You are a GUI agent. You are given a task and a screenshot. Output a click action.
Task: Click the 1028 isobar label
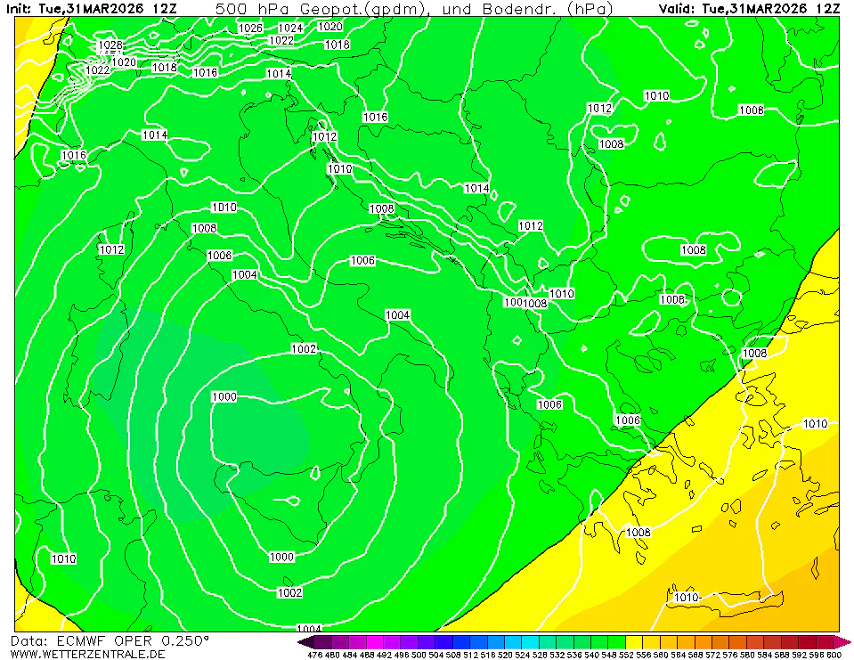click(x=110, y=45)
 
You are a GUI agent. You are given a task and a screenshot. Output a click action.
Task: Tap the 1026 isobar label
click(x=251, y=28)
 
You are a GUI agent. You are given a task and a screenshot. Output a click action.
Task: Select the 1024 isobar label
click(x=290, y=28)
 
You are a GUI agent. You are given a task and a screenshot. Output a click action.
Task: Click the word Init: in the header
click(x=18, y=8)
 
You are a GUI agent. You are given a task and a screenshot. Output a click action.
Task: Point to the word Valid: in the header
click(x=678, y=8)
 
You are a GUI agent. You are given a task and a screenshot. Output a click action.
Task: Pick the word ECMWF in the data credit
click(x=79, y=640)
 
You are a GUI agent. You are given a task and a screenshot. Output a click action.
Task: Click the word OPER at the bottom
click(x=132, y=640)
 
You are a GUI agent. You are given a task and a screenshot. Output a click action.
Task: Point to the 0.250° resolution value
click(x=185, y=640)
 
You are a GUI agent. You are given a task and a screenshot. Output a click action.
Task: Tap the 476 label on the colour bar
click(x=314, y=655)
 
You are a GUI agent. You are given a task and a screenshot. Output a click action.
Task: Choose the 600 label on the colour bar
click(x=833, y=655)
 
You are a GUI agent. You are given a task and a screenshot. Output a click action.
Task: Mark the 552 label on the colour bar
click(x=635, y=655)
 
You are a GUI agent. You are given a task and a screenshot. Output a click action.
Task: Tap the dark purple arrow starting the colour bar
click(x=305, y=641)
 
